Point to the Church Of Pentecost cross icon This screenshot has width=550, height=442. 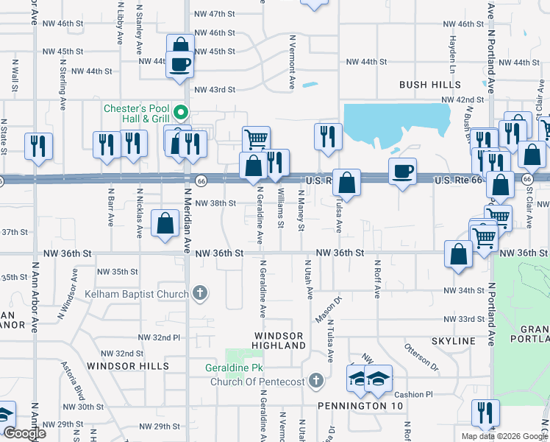point(316,381)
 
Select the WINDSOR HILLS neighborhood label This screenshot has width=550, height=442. point(128,365)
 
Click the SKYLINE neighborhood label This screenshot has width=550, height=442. point(454,342)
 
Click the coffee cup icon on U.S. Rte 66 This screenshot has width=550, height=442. point(402,172)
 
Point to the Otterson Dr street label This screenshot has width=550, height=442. point(421,357)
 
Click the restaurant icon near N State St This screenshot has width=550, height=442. point(38,146)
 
